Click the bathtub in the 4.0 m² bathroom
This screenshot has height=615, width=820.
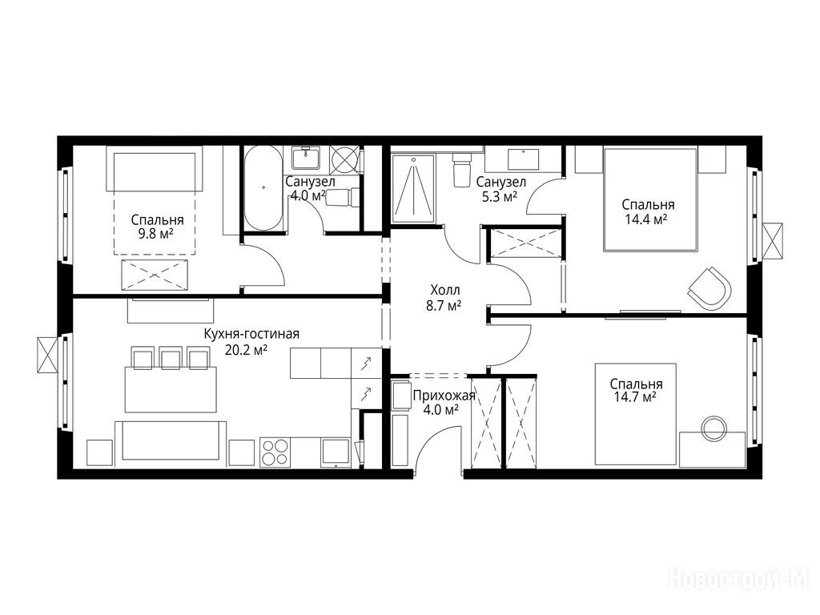tap(263, 188)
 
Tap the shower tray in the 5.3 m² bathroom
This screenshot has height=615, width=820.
tap(413, 188)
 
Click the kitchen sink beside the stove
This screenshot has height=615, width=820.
tap(336, 452)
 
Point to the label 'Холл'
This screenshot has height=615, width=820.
tap(445, 290)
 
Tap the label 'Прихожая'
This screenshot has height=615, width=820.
tap(444, 396)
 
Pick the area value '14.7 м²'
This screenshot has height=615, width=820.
tap(635, 397)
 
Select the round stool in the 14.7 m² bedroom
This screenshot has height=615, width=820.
tap(713, 428)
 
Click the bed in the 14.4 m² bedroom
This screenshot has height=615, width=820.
tap(650, 199)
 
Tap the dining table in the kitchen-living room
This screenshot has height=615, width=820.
tap(171, 389)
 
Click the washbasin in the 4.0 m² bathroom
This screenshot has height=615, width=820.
tap(306, 158)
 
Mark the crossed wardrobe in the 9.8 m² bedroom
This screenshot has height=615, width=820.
tap(155, 275)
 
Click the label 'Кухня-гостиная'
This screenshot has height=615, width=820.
tap(251, 335)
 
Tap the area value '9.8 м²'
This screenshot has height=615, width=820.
tap(156, 234)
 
